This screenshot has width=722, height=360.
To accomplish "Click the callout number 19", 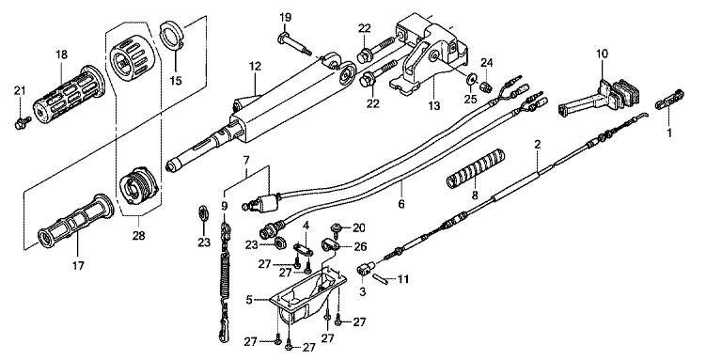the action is click(285, 18).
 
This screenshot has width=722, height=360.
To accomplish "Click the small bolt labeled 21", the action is click(23, 122).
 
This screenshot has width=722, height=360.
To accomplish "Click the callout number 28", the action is click(138, 236).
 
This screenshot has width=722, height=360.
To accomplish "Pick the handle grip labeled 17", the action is click(75, 221).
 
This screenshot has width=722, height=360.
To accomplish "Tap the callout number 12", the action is click(255, 67).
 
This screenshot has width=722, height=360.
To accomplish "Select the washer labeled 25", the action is click(471, 80).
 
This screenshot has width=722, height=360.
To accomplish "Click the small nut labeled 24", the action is click(487, 86).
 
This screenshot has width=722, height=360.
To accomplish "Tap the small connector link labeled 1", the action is click(669, 100).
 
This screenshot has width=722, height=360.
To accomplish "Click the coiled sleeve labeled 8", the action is click(476, 168).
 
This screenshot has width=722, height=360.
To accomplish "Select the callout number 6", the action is click(401, 203).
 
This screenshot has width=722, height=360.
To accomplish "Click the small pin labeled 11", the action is click(380, 279).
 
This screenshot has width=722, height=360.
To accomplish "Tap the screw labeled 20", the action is click(337, 228).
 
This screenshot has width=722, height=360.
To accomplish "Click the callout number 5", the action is click(249, 300).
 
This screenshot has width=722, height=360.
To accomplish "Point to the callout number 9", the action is click(225, 206).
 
